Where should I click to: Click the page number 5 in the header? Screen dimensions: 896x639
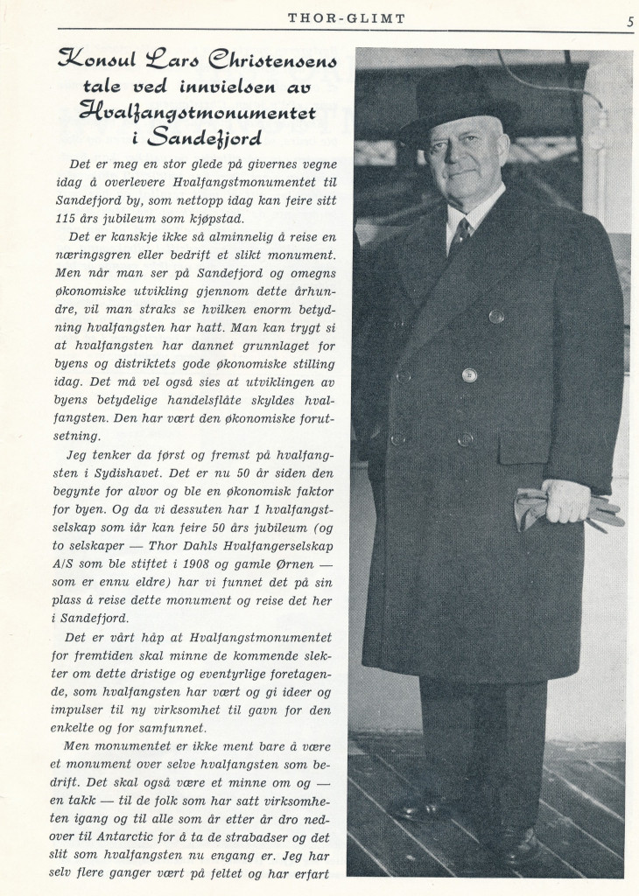coord(630,23)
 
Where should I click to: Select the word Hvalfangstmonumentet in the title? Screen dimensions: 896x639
coord(197,111)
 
